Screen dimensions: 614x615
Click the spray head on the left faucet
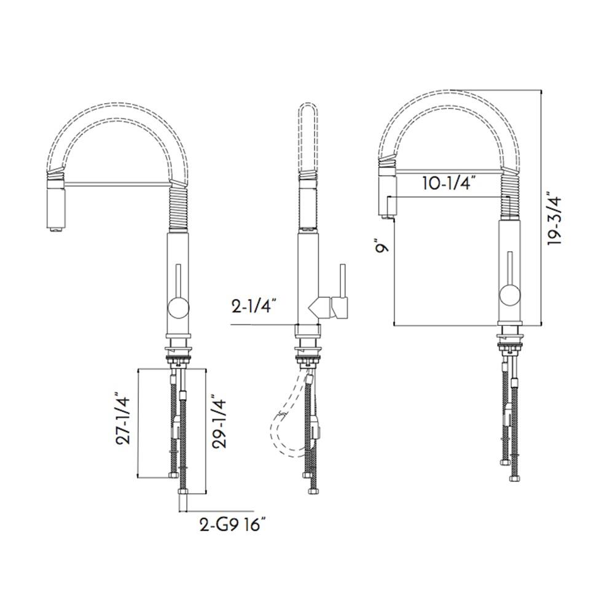[55, 204]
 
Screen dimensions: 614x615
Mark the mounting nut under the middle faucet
[308, 353]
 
